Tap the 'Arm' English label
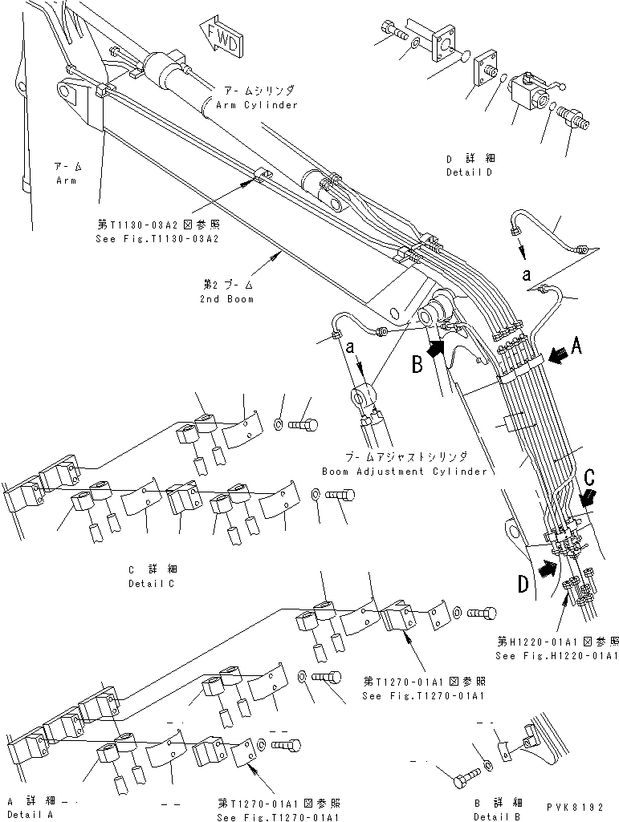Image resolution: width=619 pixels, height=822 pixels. (x=66, y=181)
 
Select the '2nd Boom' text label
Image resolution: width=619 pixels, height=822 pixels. (x=227, y=299)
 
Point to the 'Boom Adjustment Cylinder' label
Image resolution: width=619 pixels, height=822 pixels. (x=404, y=472)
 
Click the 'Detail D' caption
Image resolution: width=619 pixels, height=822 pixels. (x=469, y=172)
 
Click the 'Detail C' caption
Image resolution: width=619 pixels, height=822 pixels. (x=152, y=583)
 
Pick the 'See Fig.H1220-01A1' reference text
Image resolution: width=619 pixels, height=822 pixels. (x=556, y=655)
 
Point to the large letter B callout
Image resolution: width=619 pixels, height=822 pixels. (x=417, y=365)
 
